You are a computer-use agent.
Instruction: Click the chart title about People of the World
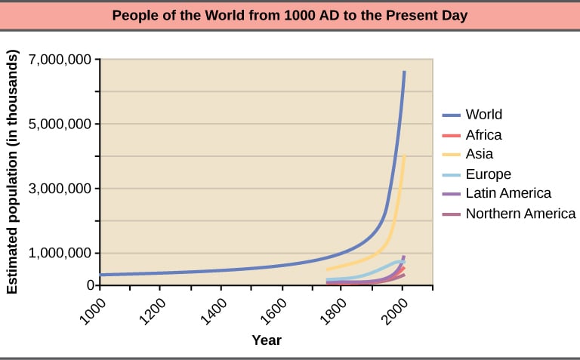[x=289, y=14]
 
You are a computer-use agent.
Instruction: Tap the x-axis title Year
[x=267, y=340]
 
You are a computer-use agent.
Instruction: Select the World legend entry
[x=483, y=115]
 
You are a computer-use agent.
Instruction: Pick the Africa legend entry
[x=483, y=135]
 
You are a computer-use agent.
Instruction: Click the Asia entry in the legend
[x=479, y=154]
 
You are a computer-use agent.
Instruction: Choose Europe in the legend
[x=488, y=174]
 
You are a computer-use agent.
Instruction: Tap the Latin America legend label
[x=508, y=194]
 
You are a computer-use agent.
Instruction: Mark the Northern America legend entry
[x=520, y=214]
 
